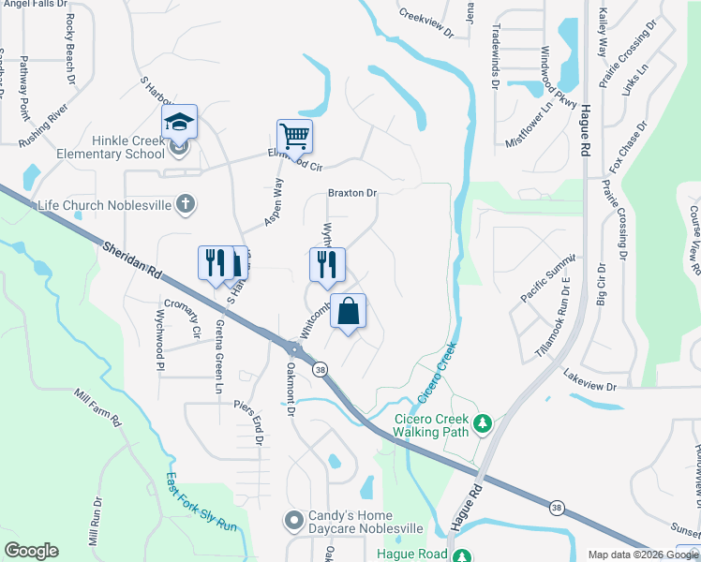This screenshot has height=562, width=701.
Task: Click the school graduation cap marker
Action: (179, 123)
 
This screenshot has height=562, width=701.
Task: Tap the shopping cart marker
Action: (294, 137)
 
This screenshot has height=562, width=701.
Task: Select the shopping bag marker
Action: (348, 311)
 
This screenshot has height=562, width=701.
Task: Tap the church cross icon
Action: (186, 203)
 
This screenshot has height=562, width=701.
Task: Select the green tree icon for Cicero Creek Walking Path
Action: (483, 424)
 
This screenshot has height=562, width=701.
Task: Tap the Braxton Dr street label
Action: (351, 193)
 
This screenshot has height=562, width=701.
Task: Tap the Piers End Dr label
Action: (248, 421)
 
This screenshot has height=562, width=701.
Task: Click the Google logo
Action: (31, 551)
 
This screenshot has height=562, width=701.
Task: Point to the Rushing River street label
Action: (44, 124)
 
